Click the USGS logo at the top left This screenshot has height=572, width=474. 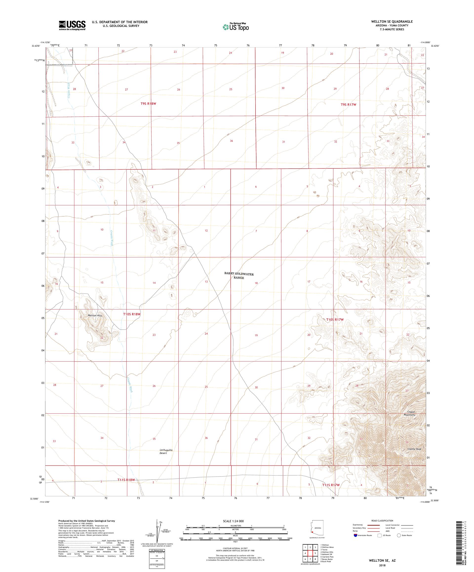72,25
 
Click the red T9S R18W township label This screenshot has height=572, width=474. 148,104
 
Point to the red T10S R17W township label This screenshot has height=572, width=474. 335,320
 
